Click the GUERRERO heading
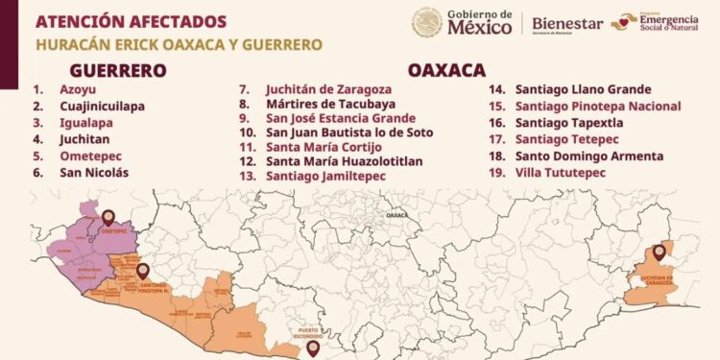tap(118, 70)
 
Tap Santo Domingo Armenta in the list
tap(588, 156)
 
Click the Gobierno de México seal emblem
tap(427, 22)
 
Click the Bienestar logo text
tap(566, 23)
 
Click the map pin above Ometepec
tap(108, 218)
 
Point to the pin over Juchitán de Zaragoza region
tap(659, 252)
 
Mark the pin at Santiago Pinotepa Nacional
tap(143, 271)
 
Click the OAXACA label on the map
tap(396, 217)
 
